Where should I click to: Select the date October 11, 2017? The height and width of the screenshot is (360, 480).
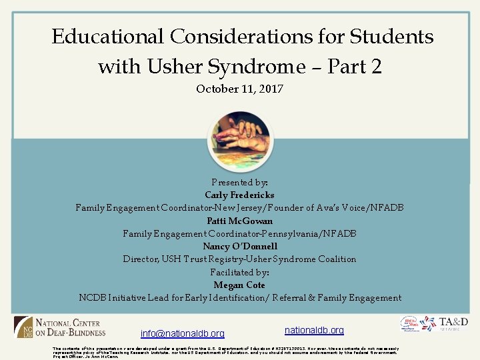click(x=239, y=89)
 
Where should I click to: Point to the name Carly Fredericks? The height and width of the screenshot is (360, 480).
click(x=239, y=195)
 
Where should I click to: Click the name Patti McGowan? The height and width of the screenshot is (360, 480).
click(x=239, y=221)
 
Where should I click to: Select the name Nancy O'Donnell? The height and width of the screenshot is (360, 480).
click(x=239, y=246)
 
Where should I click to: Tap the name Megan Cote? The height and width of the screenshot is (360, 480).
click(x=239, y=285)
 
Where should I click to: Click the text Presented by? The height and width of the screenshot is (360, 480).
click(x=239, y=183)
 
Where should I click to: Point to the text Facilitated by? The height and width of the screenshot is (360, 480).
click(x=239, y=272)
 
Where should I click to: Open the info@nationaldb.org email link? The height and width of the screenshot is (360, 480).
click(x=183, y=333)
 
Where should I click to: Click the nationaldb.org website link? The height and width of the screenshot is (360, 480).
click(x=314, y=330)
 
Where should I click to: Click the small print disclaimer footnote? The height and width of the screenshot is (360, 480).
click(x=227, y=352)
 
